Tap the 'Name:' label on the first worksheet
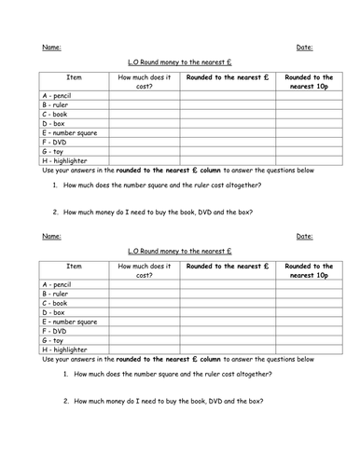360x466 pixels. point(50,46)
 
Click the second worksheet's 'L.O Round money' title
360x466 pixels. point(179,252)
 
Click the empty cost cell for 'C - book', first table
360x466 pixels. point(144,114)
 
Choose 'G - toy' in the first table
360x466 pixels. point(55,151)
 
